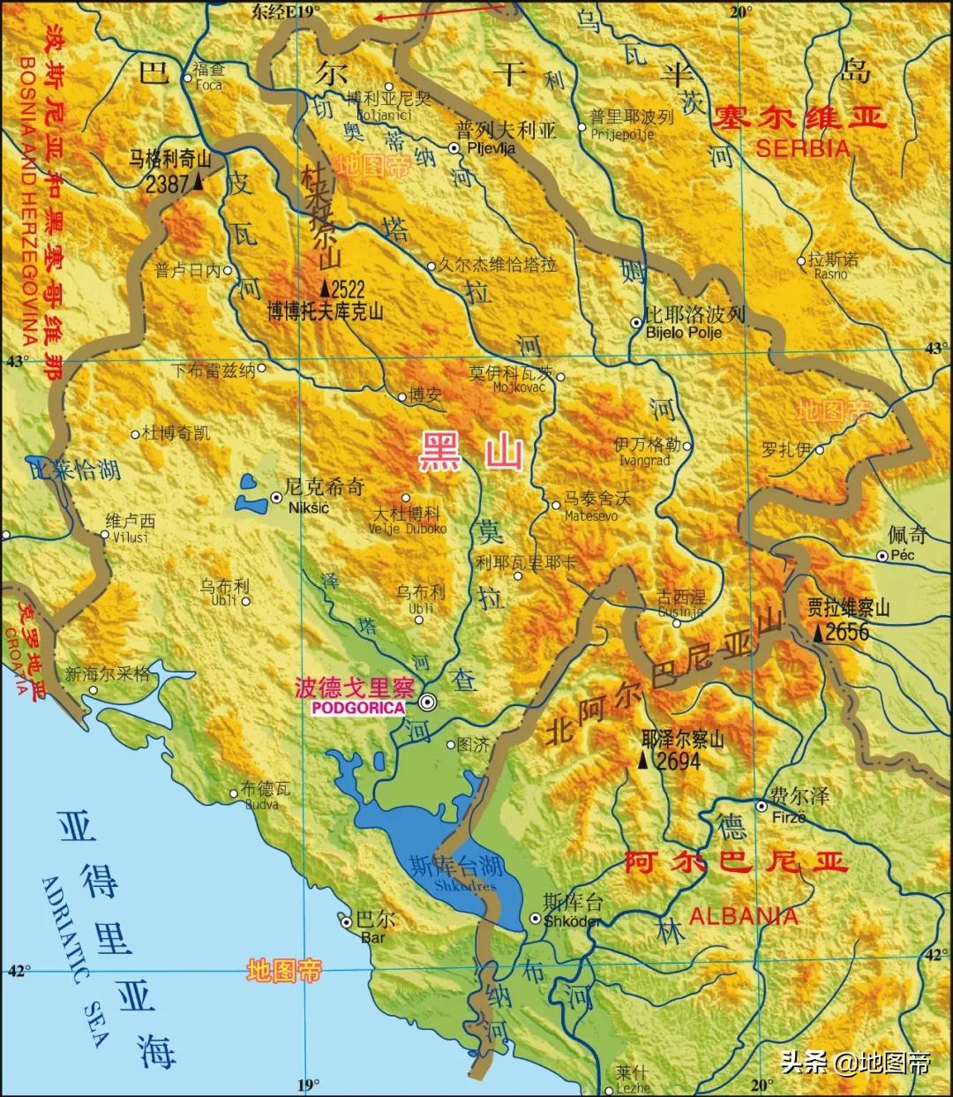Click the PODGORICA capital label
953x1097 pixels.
(x=356, y=708)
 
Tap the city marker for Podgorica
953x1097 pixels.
(x=428, y=703)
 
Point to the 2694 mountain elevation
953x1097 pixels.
(x=677, y=760)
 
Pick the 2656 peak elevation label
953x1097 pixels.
(x=846, y=632)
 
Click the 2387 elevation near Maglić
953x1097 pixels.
(x=168, y=183)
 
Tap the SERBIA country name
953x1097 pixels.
(x=802, y=148)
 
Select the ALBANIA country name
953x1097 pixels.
(x=743, y=916)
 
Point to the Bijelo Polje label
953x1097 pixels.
(x=683, y=333)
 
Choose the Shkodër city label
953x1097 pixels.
(x=573, y=920)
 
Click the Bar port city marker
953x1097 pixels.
(x=347, y=921)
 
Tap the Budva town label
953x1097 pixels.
(x=262, y=804)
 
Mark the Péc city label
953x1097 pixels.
(x=903, y=555)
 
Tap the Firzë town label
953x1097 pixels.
(x=788, y=817)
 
